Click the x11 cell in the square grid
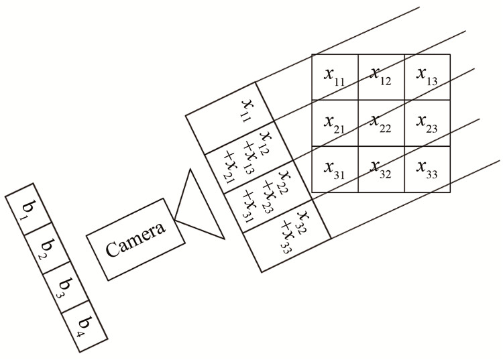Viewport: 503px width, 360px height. [335, 76]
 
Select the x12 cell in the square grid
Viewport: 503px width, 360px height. [381, 76]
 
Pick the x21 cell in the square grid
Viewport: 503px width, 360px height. [335, 123]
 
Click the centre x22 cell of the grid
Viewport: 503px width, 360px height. [381, 123]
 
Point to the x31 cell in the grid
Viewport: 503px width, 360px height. [335, 169]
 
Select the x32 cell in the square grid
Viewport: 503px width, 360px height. [381, 169]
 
